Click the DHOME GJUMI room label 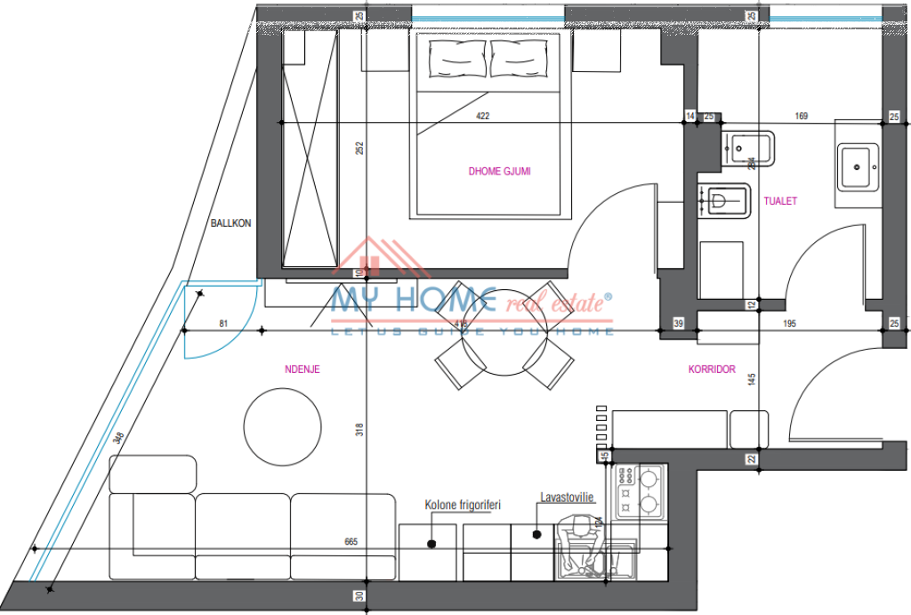tap(499, 171)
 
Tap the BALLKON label tap(230, 223)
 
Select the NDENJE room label tap(302, 368)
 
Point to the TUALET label tap(780, 201)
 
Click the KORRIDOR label tap(712, 368)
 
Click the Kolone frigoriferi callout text tap(463, 505)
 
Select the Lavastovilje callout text tap(566, 499)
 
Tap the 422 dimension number tap(482, 116)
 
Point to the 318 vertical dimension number tap(359, 429)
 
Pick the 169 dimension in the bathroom tap(801, 116)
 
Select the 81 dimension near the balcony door tap(222, 323)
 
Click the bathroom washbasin tap(858, 166)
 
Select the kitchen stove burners tap(640, 492)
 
